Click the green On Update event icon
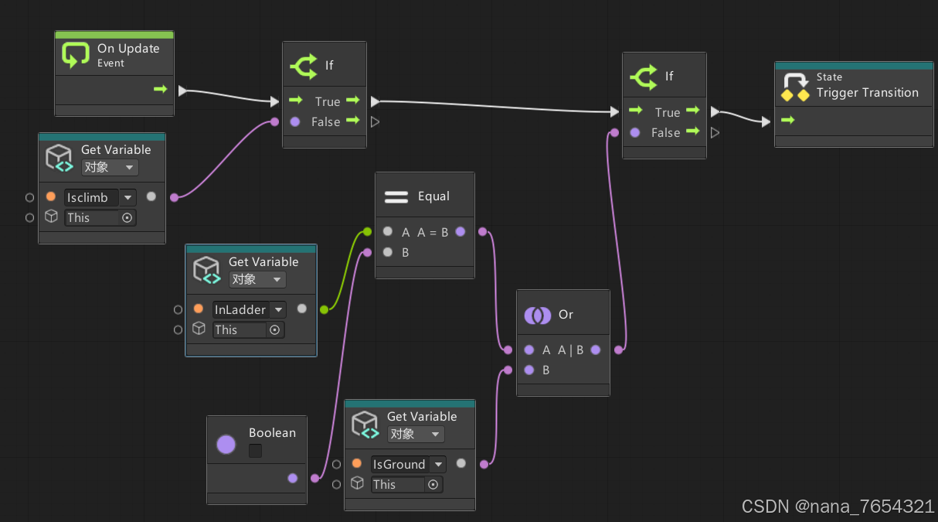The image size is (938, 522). pyautogui.click(x=75, y=55)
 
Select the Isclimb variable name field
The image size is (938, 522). pyautogui.click(x=91, y=197)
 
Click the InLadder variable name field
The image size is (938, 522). pyautogui.click(x=240, y=309)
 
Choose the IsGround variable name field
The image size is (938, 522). pyautogui.click(x=399, y=464)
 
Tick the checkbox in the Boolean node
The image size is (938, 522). pyautogui.click(x=255, y=450)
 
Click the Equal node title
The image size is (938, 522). pyautogui.click(x=433, y=196)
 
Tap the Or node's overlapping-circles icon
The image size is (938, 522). pyautogui.click(x=537, y=315)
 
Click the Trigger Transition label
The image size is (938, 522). pyautogui.click(x=867, y=93)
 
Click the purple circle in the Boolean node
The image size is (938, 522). pyautogui.click(x=226, y=444)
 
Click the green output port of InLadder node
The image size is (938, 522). pyautogui.click(x=324, y=309)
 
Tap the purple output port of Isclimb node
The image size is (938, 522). pyautogui.click(x=174, y=197)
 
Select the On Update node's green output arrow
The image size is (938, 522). pyautogui.click(x=161, y=89)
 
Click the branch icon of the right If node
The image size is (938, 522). pyautogui.click(x=644, y=76)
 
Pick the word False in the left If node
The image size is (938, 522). pyautogui.click(x=325, y=121)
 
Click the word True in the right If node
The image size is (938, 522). pyautogui.click(x=667, y=112)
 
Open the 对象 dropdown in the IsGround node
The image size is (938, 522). pyautogui.click(x=415, y=434)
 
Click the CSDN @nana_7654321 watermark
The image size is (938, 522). pyautogui.click(x=838, y=507)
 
